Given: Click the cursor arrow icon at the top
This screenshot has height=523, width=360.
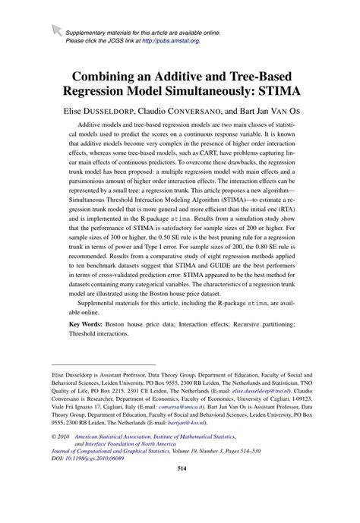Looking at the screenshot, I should tap(55, 30).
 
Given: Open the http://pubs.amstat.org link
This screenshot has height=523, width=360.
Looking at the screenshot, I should tap(168, 41).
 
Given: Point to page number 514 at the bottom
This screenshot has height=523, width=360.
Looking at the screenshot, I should tap(180, 512).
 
